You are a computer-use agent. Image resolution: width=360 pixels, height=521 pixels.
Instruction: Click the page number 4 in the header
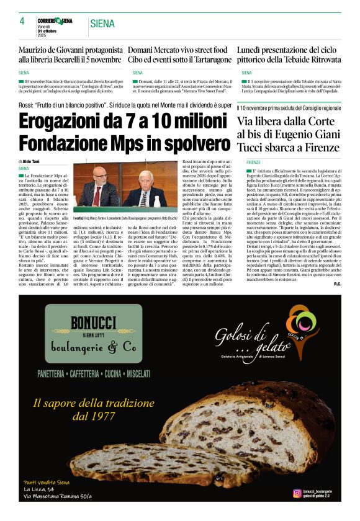(22, 21)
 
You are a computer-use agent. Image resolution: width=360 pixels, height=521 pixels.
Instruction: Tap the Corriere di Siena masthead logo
(59, 20)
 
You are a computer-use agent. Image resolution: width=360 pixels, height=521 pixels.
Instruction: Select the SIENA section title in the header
(102, 24)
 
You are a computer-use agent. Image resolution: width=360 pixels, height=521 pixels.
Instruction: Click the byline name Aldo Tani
(33, 161)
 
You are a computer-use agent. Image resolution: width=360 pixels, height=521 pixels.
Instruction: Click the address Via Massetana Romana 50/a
(58, 496)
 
